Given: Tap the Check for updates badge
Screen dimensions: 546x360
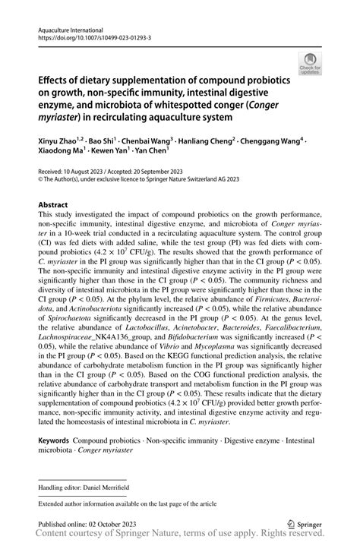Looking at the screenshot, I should (310, 64).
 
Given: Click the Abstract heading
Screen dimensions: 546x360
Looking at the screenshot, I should (53, 205).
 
